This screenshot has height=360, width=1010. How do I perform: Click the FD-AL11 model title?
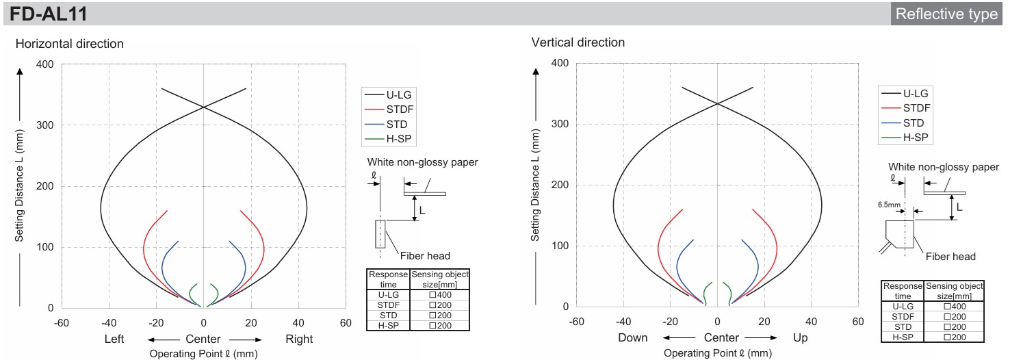(49, 14)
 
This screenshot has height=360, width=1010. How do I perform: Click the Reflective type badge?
(946, 14)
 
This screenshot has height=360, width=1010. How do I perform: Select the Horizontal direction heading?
(69, 44)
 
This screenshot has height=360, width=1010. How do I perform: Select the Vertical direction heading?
(578, 42)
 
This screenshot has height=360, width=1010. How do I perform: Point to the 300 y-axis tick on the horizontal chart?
(44, 125)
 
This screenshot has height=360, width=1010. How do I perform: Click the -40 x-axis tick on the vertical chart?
(623, 322)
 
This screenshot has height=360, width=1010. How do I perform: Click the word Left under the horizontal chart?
(114, 339)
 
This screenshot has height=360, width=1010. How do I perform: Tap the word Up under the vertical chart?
(801, 338)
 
